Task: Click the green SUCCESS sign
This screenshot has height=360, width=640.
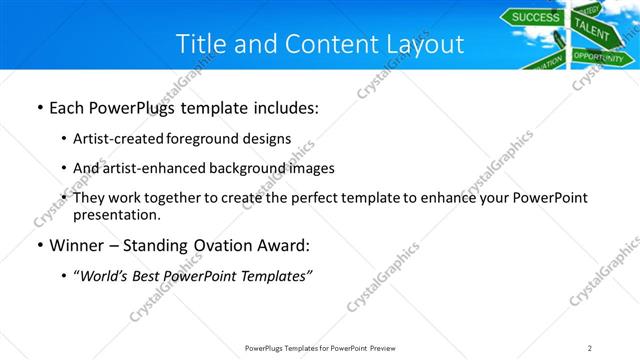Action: pyautogui.click(x=536, y=17)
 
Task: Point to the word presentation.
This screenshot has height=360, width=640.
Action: pyautogui.click(x=116, y=214)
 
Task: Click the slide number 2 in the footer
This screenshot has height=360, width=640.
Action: pyautogui.click(x=590, y=347)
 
